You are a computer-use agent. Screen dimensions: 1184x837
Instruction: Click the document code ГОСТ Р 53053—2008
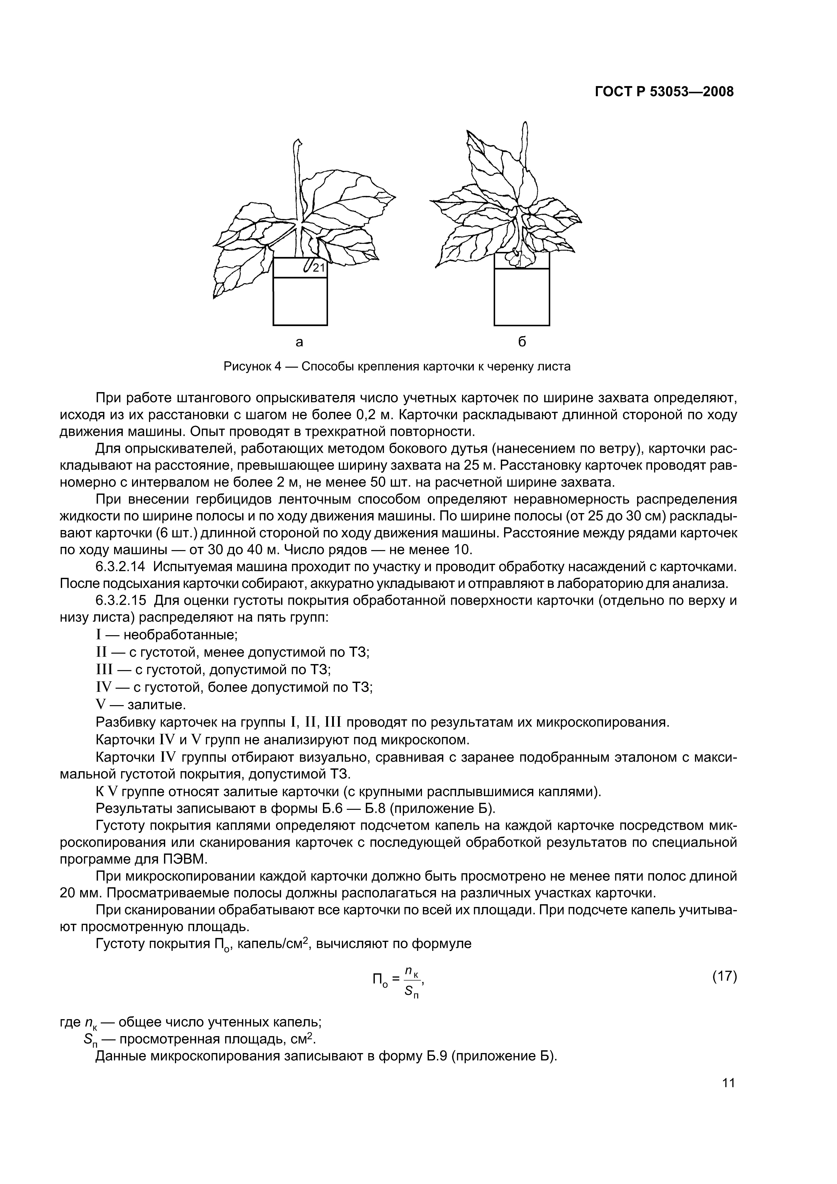(664, 92)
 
